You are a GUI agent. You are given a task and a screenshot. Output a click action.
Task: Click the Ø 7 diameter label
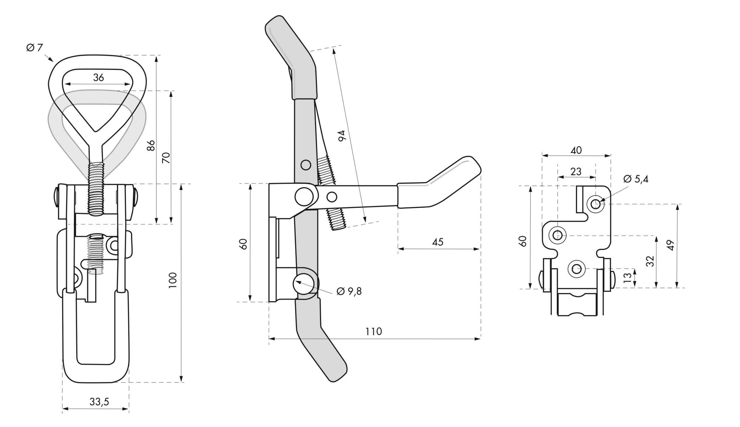coord(35,47)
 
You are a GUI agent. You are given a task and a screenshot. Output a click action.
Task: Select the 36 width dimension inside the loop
coord(99,78)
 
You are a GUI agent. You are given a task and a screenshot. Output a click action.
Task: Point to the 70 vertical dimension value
coord(166,158)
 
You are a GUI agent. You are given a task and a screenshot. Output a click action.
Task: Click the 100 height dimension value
coord(173,280)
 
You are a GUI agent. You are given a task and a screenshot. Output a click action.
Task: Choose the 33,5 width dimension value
coord(99,402)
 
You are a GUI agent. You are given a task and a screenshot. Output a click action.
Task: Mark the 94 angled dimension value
coord(342,136)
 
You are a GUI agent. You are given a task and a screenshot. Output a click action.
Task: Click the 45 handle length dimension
coord(438,242)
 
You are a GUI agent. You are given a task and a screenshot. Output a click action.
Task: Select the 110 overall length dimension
coord(373,332)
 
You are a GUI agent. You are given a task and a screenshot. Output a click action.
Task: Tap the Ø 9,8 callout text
coord(349,291)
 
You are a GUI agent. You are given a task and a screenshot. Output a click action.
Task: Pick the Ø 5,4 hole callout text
coord(636,179)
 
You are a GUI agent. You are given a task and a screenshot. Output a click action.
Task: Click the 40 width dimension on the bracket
coord(576,150)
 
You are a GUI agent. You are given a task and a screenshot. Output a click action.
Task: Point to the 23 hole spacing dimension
coord(576,172)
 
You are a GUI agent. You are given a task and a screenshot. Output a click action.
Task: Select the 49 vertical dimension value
coord(671,245)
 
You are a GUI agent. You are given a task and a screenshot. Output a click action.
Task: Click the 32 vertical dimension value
coord(650,261)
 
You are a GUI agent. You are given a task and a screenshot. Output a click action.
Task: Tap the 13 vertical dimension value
coord(628,277)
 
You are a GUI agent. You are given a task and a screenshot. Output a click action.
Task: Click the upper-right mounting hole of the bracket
coord(595,204)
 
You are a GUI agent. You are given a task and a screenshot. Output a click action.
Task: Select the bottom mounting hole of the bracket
coord(576,269)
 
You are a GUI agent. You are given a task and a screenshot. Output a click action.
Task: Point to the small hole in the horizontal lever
coord(332,197)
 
